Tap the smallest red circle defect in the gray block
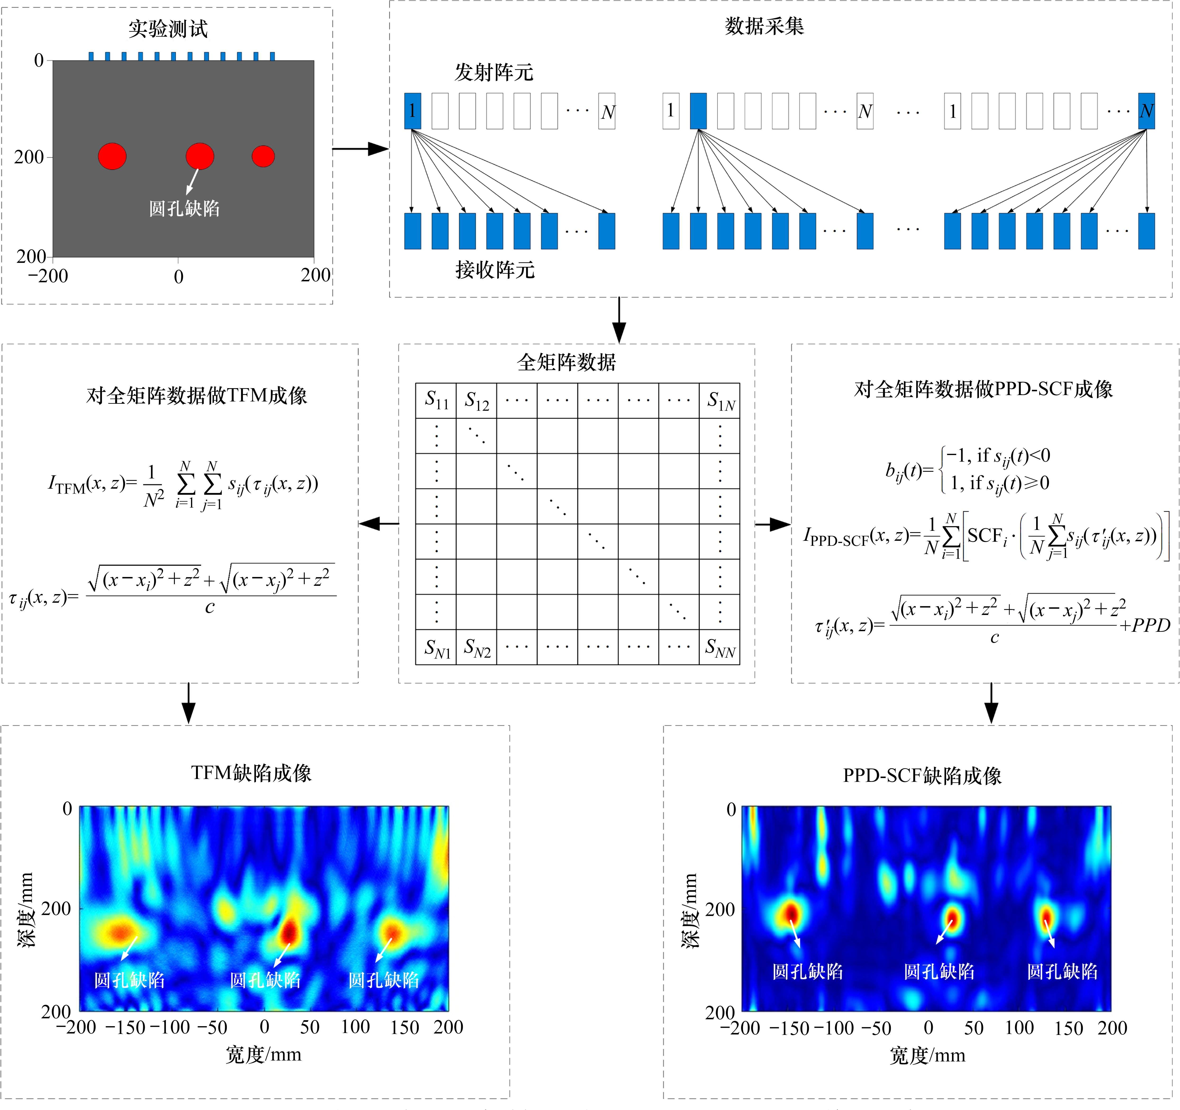point(263,156)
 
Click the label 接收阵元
point(495,270)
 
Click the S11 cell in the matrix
point(436,401)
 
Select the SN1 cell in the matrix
point(436,648)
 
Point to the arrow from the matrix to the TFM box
point(379,523)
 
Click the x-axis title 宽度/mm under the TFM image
point(264,1055)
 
